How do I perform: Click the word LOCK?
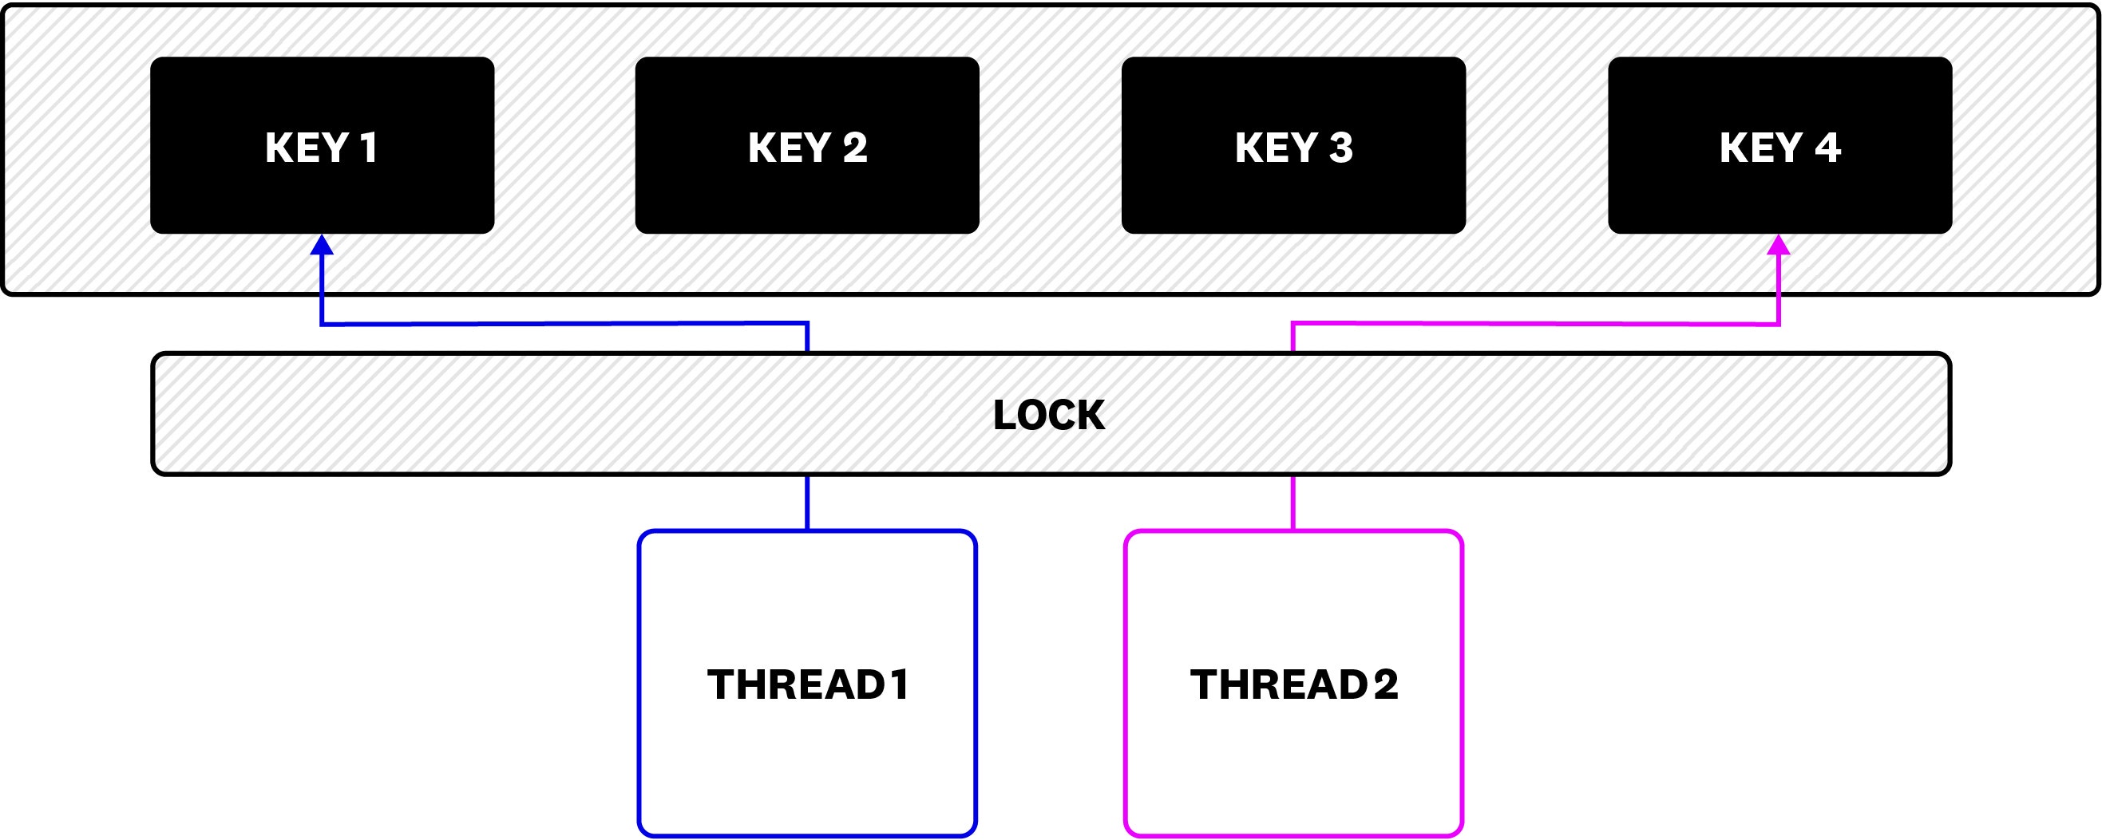pyautogui.click(x=1048, y=415)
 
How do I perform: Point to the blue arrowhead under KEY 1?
pyautogui.click(x=323, y=245)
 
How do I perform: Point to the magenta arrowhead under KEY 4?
pyautogui.click(x=1778, y=245)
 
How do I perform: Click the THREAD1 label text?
pyautogui.click(x=807, y=684)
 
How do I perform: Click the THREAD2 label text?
pyautogui.click(x=1293, y=684)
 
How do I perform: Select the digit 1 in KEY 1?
pyautogui.click(x=369, y=148)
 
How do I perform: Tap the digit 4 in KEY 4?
pyautogui.click(x=1828, y=148)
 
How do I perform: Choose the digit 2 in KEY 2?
pyautogui.click(x=854, y=148)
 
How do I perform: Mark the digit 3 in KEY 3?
pyautogui.click(x=1340, y=148)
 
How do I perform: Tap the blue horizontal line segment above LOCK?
pyautogui.click(x=563, y=324)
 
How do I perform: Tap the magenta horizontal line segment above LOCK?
pyautogui.click(x=1534, y=324)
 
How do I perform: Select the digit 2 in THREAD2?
pyautogui.click(x=1386, y=684)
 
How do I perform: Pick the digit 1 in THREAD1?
pyautogui.click(x=900, y=684)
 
